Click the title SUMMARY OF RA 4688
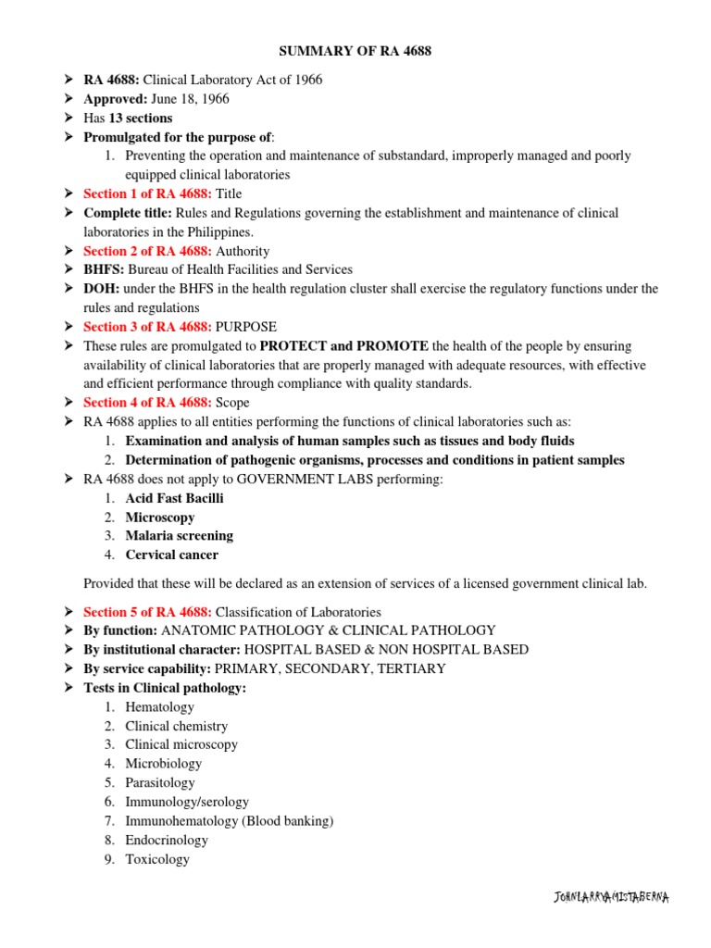tap(355, 51)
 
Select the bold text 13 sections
tap(140, 118)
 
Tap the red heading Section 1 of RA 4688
tap(147, 193)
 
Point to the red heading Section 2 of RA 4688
tap(147, 251)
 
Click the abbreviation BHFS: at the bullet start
tap(103, 269)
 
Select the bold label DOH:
tap(101, 289)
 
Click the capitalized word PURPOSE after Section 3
tap(246, 327)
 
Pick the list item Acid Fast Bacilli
tap(174, 498)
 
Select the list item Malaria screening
tap(179, 536)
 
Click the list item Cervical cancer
tap(172, 555)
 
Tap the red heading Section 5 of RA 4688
tap(147, 612)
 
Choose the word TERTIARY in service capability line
tap(406, 668)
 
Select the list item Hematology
tap(160, 707)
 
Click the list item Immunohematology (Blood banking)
tap(230, 821)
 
